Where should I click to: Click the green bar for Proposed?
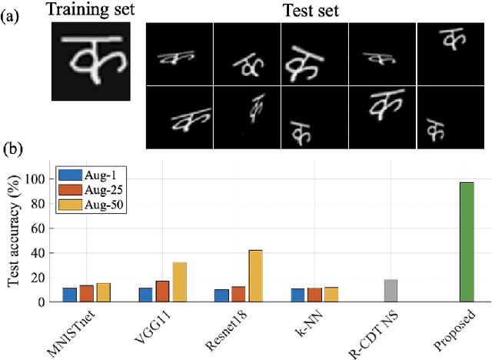coord(466,242)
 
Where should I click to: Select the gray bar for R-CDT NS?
coord(391,291)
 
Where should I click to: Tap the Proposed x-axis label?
coord(459,331)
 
